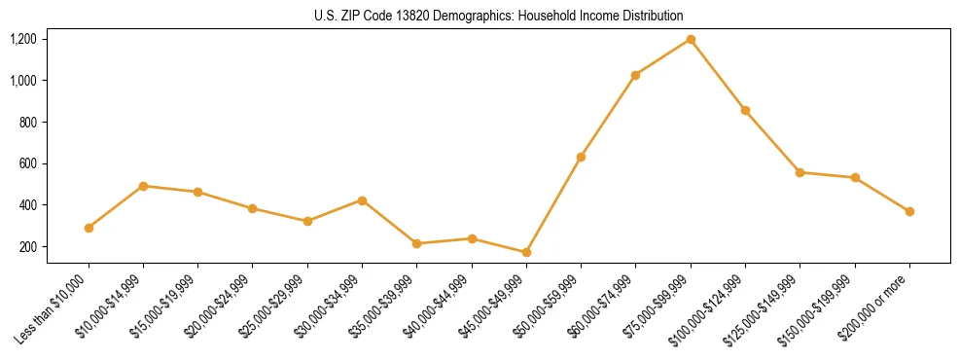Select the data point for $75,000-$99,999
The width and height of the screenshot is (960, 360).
691,39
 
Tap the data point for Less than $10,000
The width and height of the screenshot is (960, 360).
89,228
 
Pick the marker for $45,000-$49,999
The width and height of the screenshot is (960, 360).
526,252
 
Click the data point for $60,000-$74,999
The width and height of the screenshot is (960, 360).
636,75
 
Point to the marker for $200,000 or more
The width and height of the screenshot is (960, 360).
909,211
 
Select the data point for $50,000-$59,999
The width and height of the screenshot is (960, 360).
581,157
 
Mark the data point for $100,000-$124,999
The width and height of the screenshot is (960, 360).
745,110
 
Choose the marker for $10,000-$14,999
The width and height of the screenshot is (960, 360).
143,186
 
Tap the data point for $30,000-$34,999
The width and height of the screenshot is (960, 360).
362,200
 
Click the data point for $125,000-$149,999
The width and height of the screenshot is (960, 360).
800,172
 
